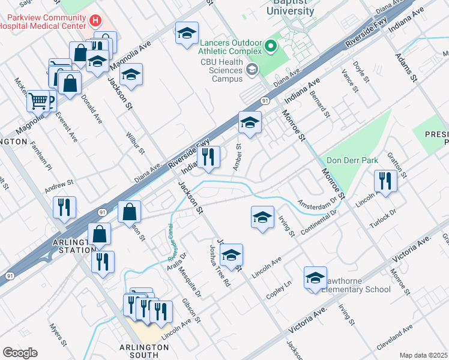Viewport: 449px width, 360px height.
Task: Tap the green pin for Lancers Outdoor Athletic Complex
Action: (x=270, y=46)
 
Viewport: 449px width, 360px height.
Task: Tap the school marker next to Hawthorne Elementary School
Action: (x=315, y=278)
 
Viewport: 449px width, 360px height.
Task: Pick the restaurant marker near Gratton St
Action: (x=385, y=181)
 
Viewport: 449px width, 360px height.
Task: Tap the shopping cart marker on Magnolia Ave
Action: (x=38, y=101)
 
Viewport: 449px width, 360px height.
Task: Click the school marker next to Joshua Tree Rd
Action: (x=231, y=256)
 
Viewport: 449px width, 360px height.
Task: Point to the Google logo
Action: (x=20, y=352)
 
